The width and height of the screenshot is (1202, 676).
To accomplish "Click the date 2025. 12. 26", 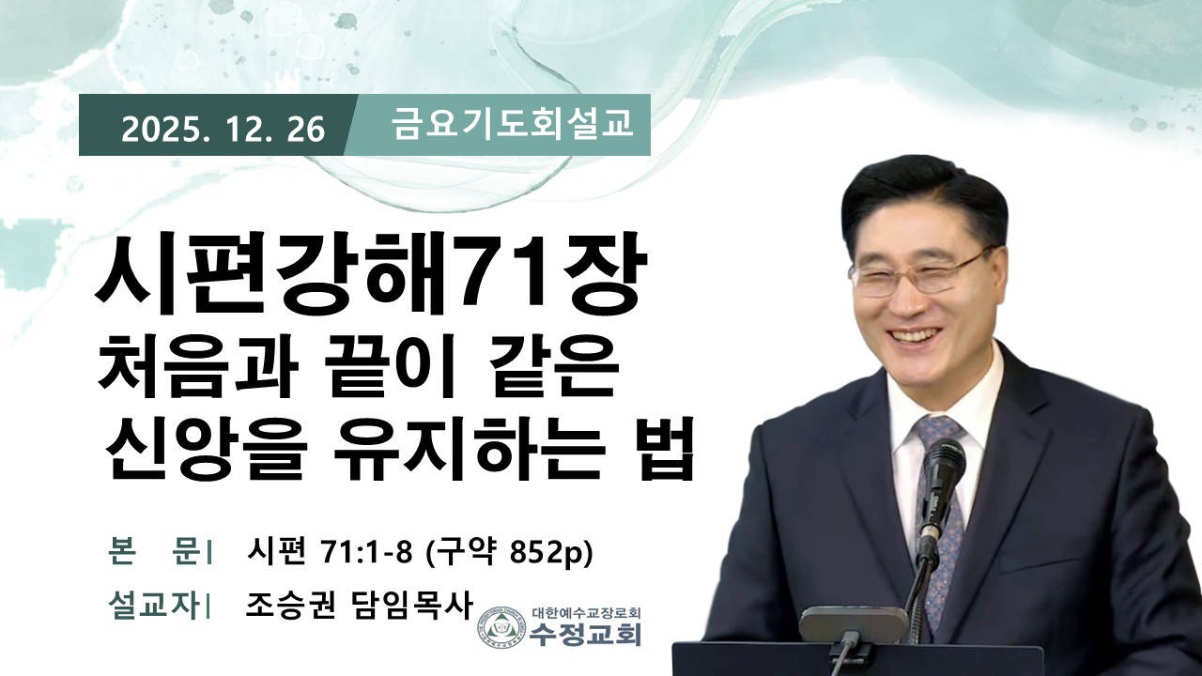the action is pos(223,130).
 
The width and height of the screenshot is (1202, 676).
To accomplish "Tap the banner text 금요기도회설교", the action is pos(512,124).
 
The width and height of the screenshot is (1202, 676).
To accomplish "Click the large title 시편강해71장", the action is pos(370,274).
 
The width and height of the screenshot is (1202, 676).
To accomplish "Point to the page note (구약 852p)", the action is pos(508,550).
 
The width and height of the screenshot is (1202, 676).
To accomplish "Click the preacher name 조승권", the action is pos(291,606).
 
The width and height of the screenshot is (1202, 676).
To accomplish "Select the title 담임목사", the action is pos(411,606).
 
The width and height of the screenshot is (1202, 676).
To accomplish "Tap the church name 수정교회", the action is pos(585,635).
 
